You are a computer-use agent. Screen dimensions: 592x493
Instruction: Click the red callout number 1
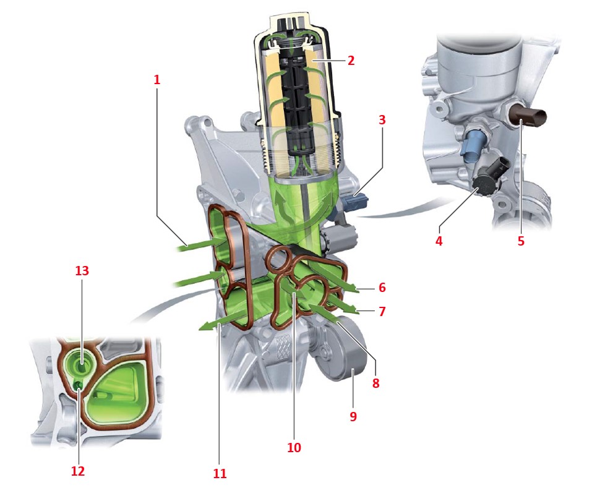click(157, 80)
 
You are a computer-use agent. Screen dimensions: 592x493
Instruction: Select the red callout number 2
click(351, 61)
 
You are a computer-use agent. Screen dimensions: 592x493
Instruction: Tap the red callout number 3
click(382, 119)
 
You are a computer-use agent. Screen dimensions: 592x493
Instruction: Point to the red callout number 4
click(439, 241)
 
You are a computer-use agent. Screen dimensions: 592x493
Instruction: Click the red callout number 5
click(521, 241)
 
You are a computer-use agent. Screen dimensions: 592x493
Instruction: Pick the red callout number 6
click(382, 288)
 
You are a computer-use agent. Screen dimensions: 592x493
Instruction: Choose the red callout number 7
click(382, 312)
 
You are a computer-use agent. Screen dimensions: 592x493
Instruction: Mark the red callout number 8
click(375, 383)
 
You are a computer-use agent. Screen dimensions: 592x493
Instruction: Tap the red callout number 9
click(353, 416)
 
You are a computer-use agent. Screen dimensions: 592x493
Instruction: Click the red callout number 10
click(294, 448)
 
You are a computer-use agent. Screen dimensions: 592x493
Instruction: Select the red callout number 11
click(220, 473)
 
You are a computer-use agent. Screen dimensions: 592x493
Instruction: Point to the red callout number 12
click(78, 471)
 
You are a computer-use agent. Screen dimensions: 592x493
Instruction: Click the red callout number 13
click(82, 271)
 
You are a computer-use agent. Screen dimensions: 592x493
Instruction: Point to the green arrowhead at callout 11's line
click(206, 327)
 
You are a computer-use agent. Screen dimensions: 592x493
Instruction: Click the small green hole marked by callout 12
click(79, 385)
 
